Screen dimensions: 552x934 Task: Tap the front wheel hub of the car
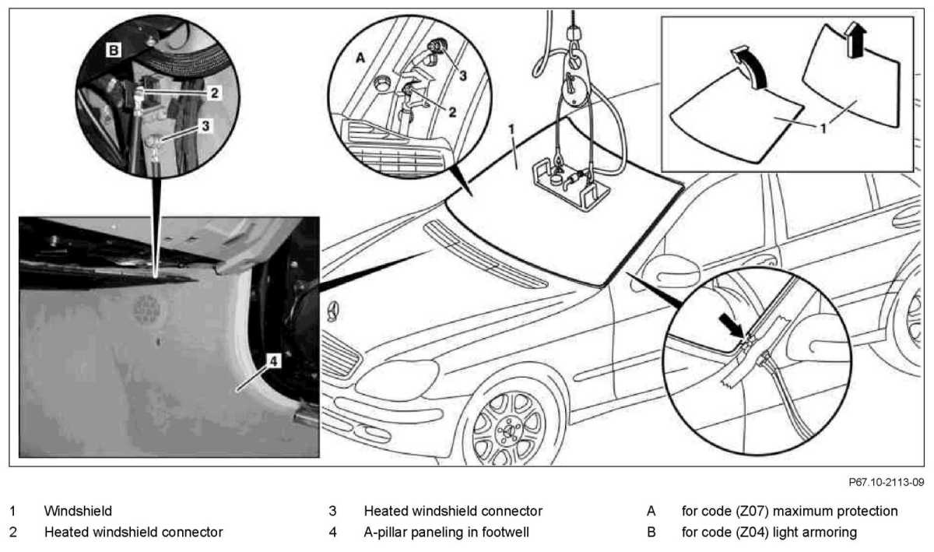tap(511, 427)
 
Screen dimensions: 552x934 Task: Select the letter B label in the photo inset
tap(114, 51)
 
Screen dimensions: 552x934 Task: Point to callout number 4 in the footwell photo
tap(274, 360)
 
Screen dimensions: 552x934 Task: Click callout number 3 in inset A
tap(462, 76)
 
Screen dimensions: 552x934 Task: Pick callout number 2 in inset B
tap(213, 92)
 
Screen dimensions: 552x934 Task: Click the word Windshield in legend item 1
tap(78, 512)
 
